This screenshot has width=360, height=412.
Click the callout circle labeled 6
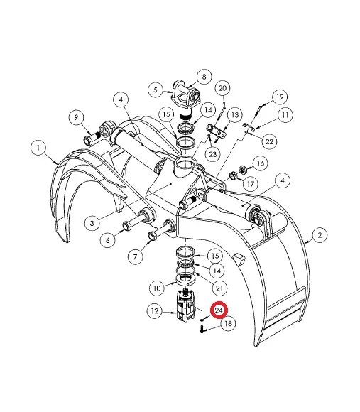(109, 241)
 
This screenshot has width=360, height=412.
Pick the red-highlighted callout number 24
(219, 311)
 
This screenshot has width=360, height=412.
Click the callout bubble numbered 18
(227, 325)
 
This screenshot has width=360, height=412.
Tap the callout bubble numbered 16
(259, 163)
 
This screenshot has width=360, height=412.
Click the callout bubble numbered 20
(222, 88)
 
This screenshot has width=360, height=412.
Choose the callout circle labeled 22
(270, 141)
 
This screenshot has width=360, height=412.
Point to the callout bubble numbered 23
(212, 153)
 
